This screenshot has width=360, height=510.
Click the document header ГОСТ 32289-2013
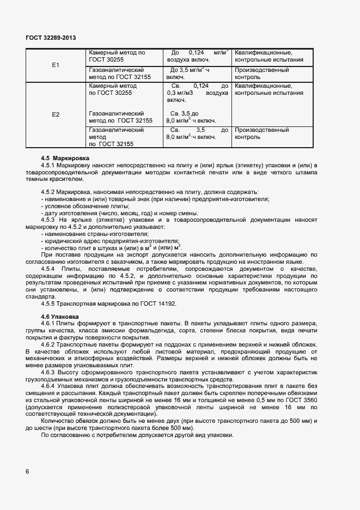[51, 38]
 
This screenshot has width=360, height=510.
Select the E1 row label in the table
[56, 65]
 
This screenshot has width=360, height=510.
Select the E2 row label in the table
[56, 114]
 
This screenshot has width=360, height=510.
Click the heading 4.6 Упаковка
[60, 316]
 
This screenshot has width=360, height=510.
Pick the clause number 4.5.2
[48, 192]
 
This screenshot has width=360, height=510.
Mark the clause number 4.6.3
[48, 372]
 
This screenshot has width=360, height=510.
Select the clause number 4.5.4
[48, 269]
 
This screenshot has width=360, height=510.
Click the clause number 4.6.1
[48, 324]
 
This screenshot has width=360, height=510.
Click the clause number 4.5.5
[48, 303]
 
